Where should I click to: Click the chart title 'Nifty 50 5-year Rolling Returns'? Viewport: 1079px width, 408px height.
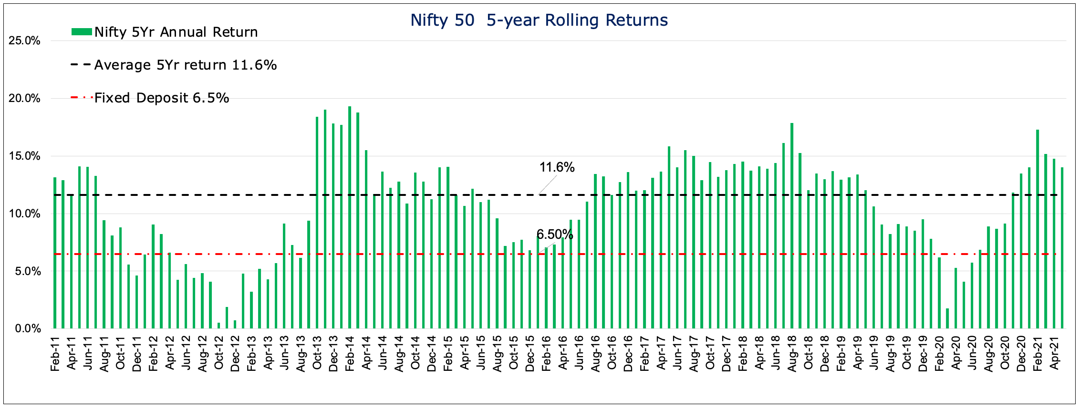(539, 20)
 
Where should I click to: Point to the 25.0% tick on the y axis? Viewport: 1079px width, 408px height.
(24, 41)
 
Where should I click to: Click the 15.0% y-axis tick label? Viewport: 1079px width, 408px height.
(24, 156)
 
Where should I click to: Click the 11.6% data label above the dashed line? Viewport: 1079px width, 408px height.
(557, 167)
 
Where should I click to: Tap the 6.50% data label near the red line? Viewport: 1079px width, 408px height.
(554, 235)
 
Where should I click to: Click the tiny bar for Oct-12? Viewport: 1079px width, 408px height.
(219, 326)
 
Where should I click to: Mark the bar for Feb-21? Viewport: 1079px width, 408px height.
(1037, 229)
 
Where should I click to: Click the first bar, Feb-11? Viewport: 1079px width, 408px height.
(55, 253)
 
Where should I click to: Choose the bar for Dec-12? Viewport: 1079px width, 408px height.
(235, 325)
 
